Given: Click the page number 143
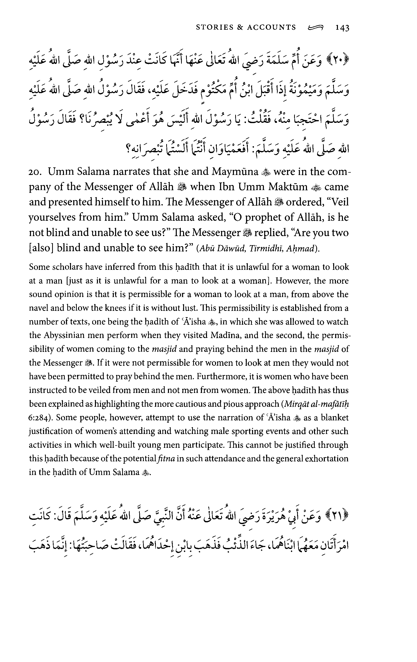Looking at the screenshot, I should click(x=342, y=27).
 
